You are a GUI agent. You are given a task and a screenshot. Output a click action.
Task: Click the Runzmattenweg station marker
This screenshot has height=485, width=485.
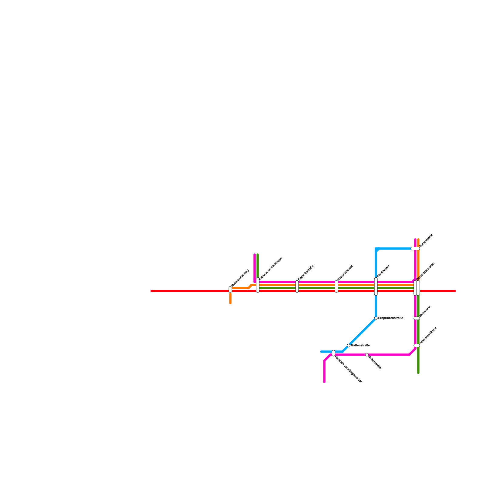click(x=230, y=289)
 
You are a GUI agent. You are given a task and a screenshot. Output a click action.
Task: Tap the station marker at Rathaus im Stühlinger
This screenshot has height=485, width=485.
click(x=258, y=285)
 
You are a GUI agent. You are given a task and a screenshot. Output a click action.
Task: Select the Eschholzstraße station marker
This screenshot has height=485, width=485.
click(x=297, y=286)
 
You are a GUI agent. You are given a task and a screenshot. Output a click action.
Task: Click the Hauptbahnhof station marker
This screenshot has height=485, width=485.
click(x=336, y=286)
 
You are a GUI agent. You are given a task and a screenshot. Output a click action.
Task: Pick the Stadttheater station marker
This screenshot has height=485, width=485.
click(x=376, y=286)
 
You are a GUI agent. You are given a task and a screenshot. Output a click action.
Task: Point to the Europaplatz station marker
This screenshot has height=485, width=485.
click(x=415, y=249)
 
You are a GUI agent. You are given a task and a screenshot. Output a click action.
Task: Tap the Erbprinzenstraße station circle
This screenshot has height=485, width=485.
click(x=376, y=318)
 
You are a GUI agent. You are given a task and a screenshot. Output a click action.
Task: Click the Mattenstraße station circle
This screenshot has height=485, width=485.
click(x=349, y=346)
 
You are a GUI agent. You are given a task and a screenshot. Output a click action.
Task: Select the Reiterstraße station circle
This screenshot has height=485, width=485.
click(x=367, y=355)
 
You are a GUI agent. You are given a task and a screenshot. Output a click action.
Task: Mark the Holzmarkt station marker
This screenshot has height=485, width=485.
click(x=417, y=318)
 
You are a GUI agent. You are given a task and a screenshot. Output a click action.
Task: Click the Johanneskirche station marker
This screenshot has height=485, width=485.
click(x=417, y=346)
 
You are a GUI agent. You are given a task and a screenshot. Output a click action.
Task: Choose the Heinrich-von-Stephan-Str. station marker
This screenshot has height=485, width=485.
click(x=333, y=353)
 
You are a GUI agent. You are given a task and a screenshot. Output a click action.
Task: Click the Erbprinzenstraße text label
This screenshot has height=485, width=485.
click(x=391, y=318)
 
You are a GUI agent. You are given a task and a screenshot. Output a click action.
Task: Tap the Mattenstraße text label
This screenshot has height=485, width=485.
click(x=360, y=346)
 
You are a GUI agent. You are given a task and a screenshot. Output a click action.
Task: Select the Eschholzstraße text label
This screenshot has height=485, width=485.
click(x=306, y=273)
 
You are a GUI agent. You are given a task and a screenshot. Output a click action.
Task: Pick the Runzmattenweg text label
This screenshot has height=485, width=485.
click(x=240, y=278)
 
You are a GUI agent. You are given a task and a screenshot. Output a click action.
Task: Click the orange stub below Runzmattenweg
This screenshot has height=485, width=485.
click(x=230, y=298)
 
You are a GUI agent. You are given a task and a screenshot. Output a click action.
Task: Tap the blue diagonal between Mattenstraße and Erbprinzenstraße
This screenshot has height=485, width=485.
click(x=362, y=332)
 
